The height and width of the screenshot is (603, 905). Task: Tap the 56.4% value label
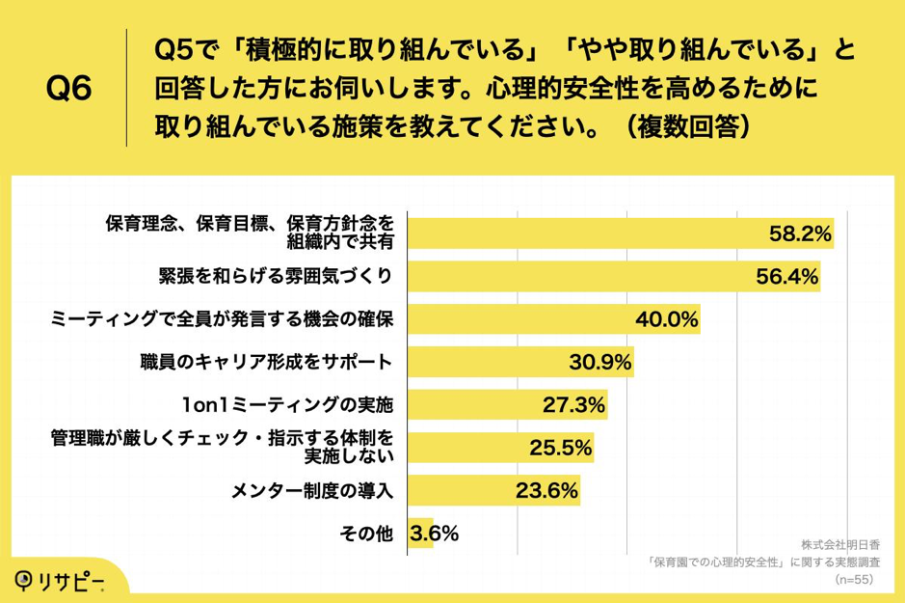(x=786, y=277)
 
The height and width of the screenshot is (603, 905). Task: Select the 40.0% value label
(x=666, y=319)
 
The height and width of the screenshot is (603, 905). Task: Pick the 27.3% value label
(x=573, y=405)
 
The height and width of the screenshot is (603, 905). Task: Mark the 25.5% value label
(x=560, y=448)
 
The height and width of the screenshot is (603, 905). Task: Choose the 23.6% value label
(x=546, y=491)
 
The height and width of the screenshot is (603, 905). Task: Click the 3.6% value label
(x=435, y=533)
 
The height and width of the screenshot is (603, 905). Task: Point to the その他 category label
(x=365, y=534)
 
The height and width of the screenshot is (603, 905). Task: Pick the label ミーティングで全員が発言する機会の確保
(x=221, y=319)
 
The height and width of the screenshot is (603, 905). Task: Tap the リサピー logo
(x=60, y=579)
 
